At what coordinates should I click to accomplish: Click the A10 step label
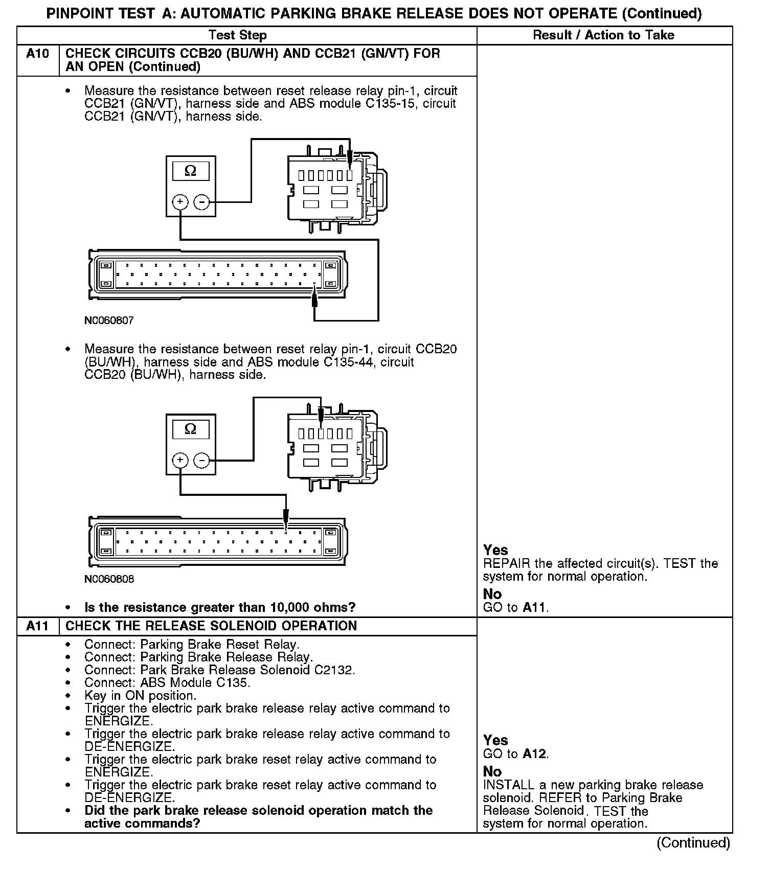(x=37, y=54)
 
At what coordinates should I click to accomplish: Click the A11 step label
(x=37, y=626)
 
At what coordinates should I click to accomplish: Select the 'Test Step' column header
(x=237, y=35)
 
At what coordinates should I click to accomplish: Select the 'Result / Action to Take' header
(x=603, y=35)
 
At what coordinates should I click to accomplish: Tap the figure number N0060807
(x=109, y=321)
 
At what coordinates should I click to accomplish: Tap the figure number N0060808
(x=109, y=579)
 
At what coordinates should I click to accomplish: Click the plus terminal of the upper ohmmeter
(x=180, y=202)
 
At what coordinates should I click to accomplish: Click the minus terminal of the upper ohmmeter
(x=202, y=202)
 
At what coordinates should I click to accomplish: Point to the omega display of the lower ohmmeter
(x=190, y=429)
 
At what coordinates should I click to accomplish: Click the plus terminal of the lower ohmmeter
(x=180, y=461)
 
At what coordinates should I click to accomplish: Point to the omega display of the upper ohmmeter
(x=190, y=171)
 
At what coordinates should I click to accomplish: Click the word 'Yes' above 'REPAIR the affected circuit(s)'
(x=495, y=550)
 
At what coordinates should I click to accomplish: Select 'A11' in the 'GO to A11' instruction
(x=534, y=607)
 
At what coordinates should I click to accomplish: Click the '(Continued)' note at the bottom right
(x=693, y=843)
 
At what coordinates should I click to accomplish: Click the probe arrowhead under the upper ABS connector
(x=314, y=297)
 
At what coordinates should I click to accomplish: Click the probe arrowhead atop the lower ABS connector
(x=286, y=518)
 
